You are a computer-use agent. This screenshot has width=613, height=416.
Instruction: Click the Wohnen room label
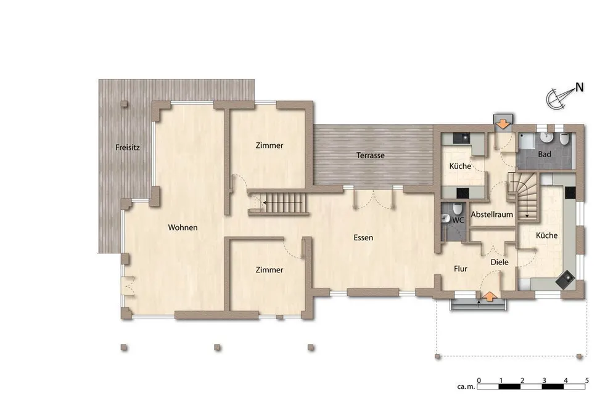(x=183, y=227)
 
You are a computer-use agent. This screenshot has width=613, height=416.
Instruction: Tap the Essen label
(x=363, y=237)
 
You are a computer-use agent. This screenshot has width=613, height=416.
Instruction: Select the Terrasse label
(x=370, y=155)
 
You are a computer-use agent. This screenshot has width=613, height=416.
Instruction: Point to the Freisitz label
(x=128, y=148)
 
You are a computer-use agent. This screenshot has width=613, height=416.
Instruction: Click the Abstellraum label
(x=492, y=214)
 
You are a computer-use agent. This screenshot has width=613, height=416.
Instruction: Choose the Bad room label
(x=545, y=154)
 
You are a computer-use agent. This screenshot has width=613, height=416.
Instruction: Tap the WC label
(x=458, y=220)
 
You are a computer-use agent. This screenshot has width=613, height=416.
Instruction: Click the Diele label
(x=500, y=262)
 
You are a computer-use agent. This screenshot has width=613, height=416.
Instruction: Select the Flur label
(x=461, y=269)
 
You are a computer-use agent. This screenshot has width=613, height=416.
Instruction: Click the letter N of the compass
(x=579, y=88)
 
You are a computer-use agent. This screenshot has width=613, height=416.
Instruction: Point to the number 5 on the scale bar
(x=587, y=380)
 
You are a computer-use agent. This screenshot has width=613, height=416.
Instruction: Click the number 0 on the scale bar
(x=479, y=380)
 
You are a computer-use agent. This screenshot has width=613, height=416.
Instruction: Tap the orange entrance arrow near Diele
(x=489, y=296)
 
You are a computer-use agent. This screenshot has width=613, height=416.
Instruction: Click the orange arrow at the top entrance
(x=503, y=124)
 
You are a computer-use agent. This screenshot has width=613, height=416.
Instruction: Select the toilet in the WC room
(x=458, y=208)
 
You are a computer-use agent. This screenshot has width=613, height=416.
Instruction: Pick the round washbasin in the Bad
(x=546, y=137)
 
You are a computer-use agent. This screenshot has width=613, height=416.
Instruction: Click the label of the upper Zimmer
(x=269, y=145)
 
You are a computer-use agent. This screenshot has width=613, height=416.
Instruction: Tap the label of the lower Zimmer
(x=269, y=270)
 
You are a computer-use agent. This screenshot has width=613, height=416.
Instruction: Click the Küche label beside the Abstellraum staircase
(x=546, y=235)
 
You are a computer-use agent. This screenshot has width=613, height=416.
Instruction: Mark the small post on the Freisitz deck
(x=124, y=104)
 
